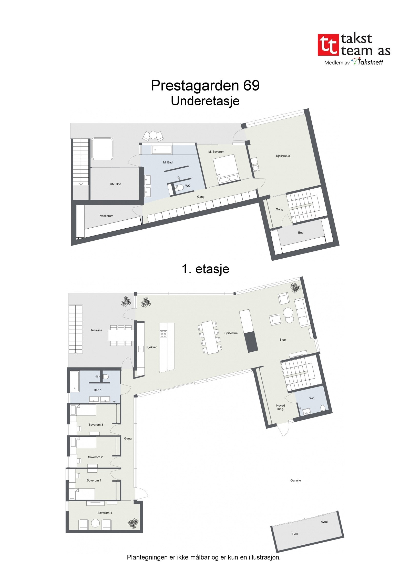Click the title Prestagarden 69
(205, 85)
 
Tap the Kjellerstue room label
(283, 156)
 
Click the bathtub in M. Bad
(162, 150)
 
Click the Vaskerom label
(107, 216)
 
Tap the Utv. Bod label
(115, 184)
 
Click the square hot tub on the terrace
(102, 148)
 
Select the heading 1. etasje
(205, 269)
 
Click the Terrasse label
(96, 330)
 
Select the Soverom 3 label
(96, 425)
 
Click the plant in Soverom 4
(133, 522)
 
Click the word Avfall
(324, 522)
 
